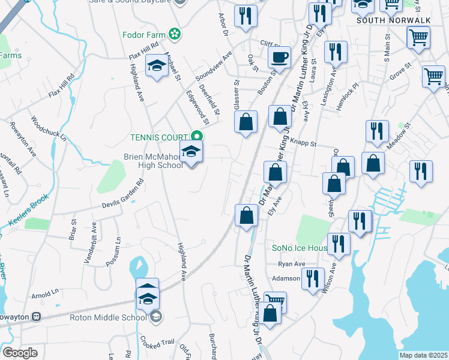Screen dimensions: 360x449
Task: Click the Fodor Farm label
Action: click(x=143, y=34)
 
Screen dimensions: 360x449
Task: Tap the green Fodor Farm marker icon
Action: click(x=175, y=34)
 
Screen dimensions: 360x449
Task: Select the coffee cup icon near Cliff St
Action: click(x=279, y=59)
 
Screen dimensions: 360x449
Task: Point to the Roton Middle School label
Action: click(x=108, y=317)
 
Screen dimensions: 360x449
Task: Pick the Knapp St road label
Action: click(x=304, y=143)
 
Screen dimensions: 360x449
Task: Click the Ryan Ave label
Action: click(x=292, y=264)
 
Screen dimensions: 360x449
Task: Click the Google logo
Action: click(x=20, y=352)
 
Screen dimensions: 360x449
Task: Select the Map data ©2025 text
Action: click(x=424, y=355)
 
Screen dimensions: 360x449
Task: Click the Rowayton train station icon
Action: click(x=37, y=316)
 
